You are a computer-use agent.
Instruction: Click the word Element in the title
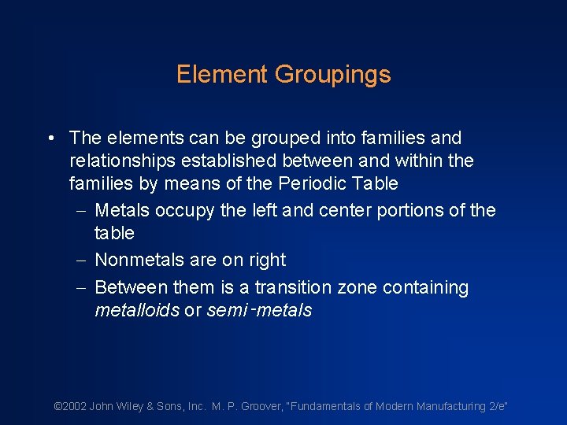coord(222,75)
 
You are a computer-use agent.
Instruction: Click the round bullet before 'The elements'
coord(50,139)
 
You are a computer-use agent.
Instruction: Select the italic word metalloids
coord(136,310)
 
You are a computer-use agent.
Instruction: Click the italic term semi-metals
coord(259,310)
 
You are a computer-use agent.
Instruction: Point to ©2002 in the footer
coord(69,406)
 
